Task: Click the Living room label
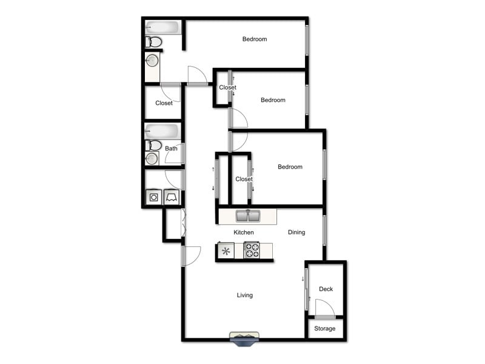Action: [244, 295]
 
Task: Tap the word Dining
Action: [296, 232]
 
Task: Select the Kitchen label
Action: [244, 232]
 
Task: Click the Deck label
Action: [326, 289]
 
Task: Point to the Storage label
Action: [324, 329]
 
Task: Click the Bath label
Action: [172, 149]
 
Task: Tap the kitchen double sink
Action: [247, 216]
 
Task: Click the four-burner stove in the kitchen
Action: [252, 251]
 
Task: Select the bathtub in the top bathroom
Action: [162, 28]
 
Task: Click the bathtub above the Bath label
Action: [162, 132]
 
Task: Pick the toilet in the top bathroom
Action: [154, 42]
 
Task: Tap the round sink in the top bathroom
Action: [152, 61]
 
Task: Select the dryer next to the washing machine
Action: [171, 197]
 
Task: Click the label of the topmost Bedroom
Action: [255, 39]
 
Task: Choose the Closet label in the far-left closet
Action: [164, 103]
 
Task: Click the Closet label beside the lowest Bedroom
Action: [244, 179]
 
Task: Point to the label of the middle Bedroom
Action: [273, 100]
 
